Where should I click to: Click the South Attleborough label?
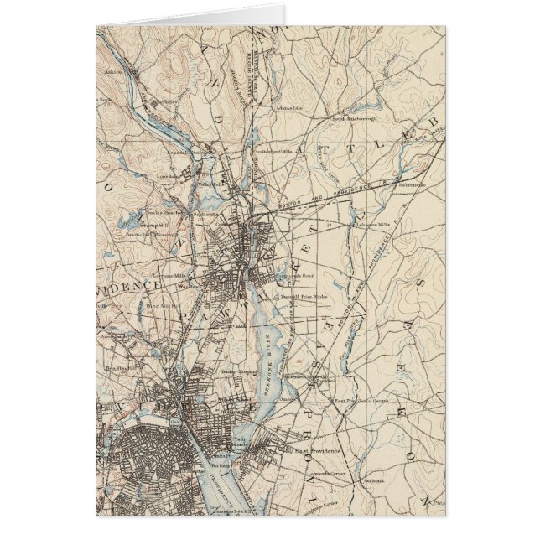[x=350, y=119]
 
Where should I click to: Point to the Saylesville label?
[x=205, y=213]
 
